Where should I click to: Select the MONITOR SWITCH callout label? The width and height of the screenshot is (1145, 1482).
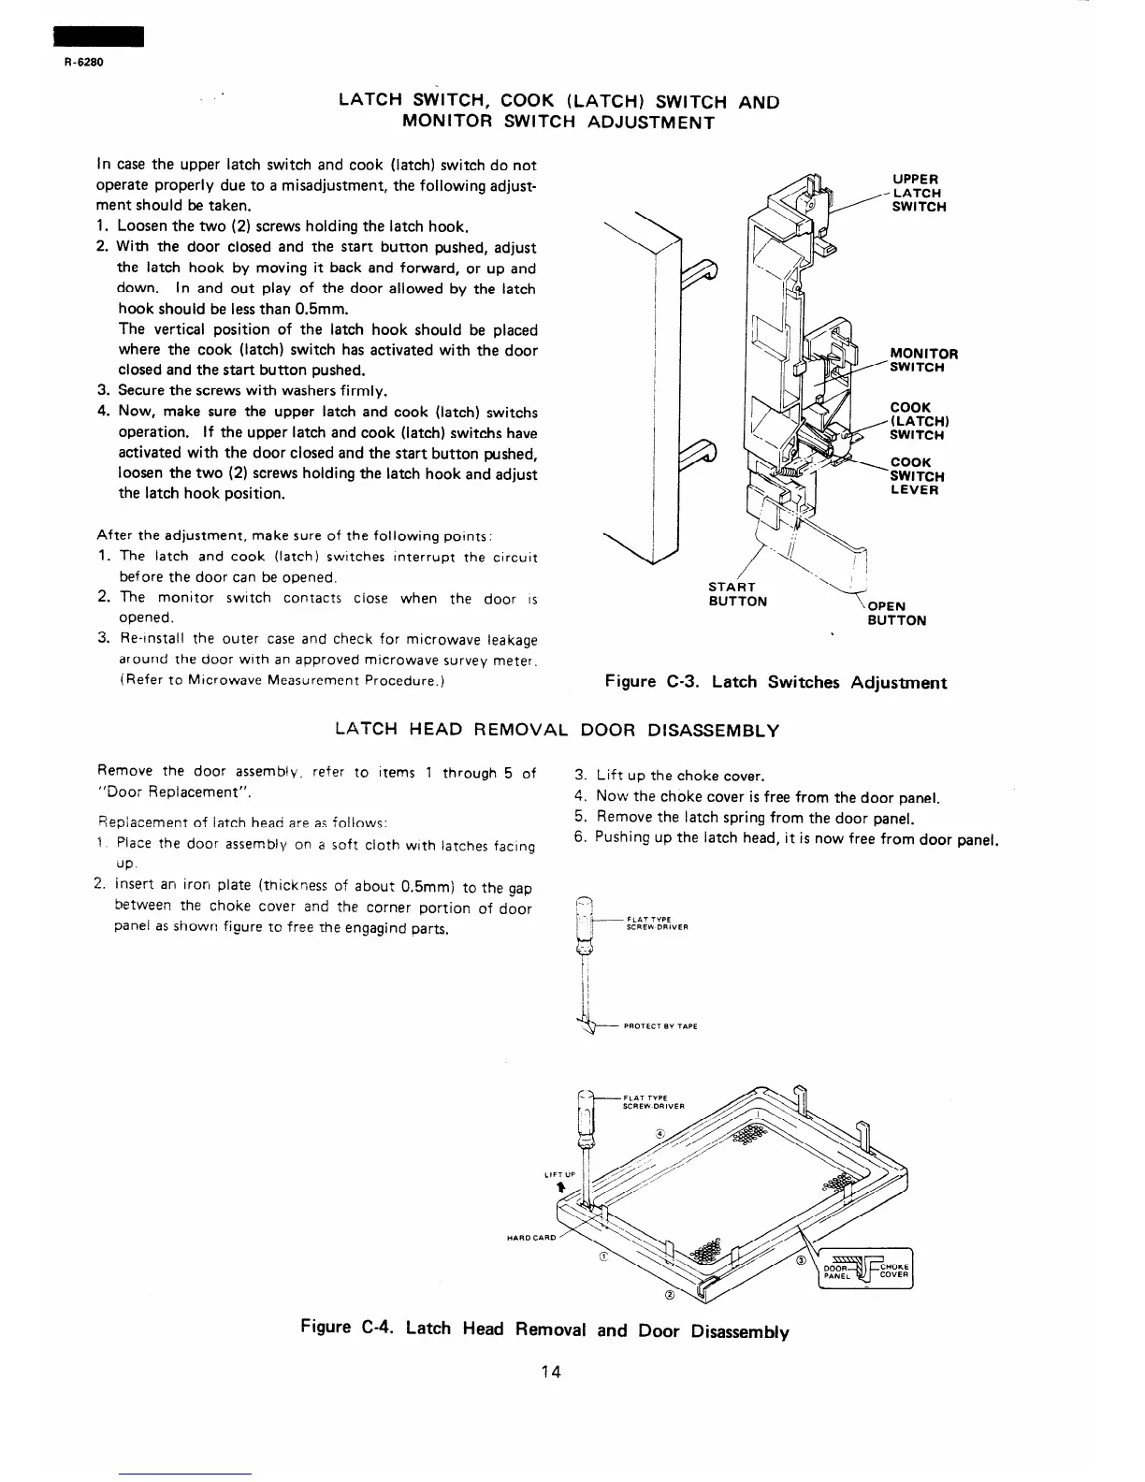[923, 360]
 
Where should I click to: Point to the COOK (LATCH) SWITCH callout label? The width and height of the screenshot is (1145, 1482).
[917, 421]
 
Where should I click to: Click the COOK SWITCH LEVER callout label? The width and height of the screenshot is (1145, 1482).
[917, 475]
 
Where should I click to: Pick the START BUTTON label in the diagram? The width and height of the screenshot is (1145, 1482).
[738, 594]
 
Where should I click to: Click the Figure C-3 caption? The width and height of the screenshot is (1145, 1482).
[775, 682]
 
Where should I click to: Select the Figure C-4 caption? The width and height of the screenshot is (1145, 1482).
[544, 1329]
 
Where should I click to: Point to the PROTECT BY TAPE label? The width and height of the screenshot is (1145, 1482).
[660, 1025]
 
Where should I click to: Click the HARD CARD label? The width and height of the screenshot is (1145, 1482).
[531, 1237]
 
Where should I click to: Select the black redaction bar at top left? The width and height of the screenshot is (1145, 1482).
[98, 36]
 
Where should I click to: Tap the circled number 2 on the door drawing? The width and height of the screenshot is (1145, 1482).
[670, 1296]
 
